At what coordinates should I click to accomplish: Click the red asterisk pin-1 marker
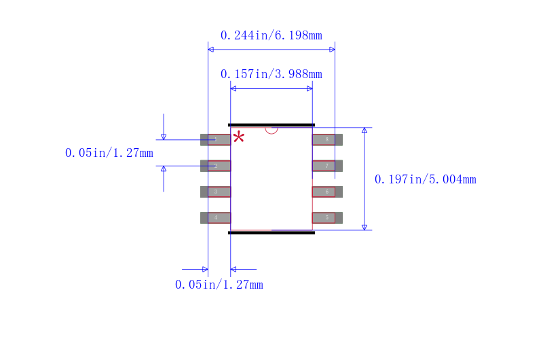pos(238,137)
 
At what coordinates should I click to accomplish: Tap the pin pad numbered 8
pos(326,140)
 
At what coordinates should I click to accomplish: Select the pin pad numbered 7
pos(326,166)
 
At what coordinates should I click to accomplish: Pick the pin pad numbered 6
pos(326,192)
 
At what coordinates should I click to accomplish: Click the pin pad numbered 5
pos(326,217)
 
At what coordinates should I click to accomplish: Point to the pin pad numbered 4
pos(216,217)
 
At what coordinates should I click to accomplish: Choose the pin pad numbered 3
pos(216,192)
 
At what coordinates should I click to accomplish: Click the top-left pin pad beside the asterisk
pos(216,140)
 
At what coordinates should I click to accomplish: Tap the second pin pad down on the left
pos(216,166)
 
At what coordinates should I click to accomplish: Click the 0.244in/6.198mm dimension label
pos(271,35)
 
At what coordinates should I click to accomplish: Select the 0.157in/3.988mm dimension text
pos(271,74)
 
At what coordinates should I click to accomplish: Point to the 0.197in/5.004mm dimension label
pos(425,179)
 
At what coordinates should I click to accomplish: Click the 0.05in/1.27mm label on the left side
pos(109,153)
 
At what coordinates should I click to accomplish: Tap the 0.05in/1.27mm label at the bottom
pos(219,285)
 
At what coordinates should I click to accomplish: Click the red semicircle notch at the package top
pos(271,130)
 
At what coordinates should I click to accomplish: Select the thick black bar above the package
pos(271,125)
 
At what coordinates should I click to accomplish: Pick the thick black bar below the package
pos(271,232)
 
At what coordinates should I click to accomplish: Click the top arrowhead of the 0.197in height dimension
pos(364,130)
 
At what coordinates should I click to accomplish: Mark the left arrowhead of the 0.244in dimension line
pos(211,50)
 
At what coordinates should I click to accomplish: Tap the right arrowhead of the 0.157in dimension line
pos(310,88)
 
